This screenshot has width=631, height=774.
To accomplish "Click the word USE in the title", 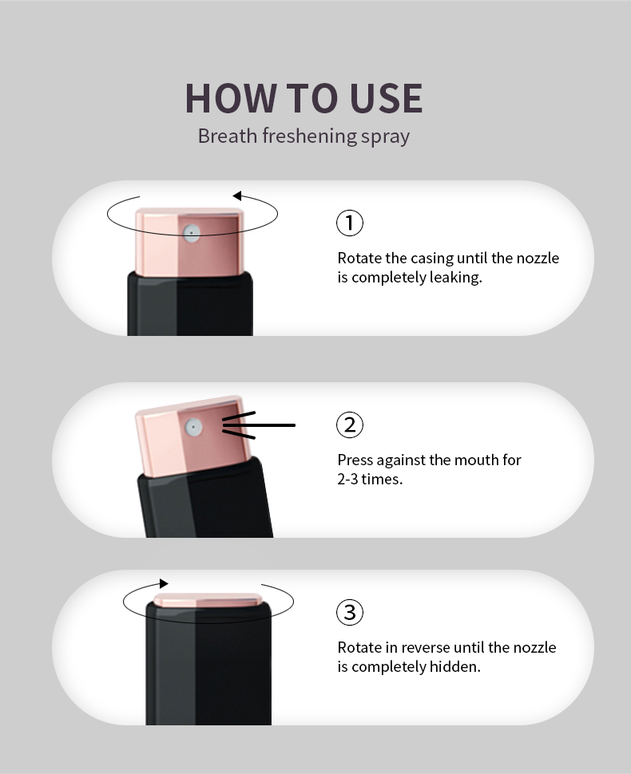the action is [386, 98].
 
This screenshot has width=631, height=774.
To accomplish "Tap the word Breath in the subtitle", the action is [228, 136].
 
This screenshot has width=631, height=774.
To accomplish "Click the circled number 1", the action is [350, 223].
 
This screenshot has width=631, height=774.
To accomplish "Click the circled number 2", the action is [350, 425].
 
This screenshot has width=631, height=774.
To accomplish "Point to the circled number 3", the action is [350, 612].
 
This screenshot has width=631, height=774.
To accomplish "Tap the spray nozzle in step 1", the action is [192, 233].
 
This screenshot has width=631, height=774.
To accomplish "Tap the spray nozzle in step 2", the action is [194, 427].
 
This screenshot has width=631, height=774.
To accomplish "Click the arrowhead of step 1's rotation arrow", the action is [237, 196].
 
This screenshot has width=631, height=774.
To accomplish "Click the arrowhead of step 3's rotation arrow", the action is [164, 584].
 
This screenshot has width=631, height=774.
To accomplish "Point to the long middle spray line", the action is [259, 425].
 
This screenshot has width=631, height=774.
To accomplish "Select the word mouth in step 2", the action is [474, 460].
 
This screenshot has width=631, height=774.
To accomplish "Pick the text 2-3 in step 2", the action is [348, 480].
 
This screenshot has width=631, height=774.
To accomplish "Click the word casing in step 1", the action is [432, 259].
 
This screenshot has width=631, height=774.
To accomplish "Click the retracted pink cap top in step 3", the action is [208, 600].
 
